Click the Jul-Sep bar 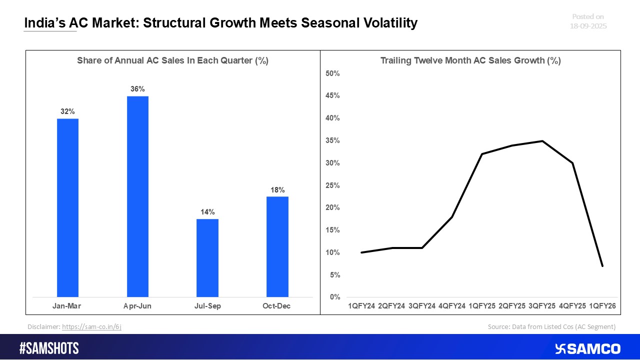[x=207, y=258]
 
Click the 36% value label [x=137, y=89]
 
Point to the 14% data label [x=207, y=212]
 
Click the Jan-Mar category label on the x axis [x=67, y=305]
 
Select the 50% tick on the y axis [x=332, y=73]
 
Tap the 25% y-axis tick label [x=332, y=185]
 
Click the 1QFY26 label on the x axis [x=602, y=305]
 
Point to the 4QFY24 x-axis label [x=452, y=305]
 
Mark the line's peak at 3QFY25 [x=542, y=141]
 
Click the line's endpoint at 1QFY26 [x=602, y=266]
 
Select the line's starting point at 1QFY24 [x=361, y=252]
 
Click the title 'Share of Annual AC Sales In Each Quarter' [x=172, y=61]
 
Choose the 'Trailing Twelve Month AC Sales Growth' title [x=470, y=61]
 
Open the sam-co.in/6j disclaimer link [x=92, y=326]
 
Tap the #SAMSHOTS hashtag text [x=49, y=348]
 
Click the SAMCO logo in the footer [x=588, y=348]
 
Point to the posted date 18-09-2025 [x=588, y=26]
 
